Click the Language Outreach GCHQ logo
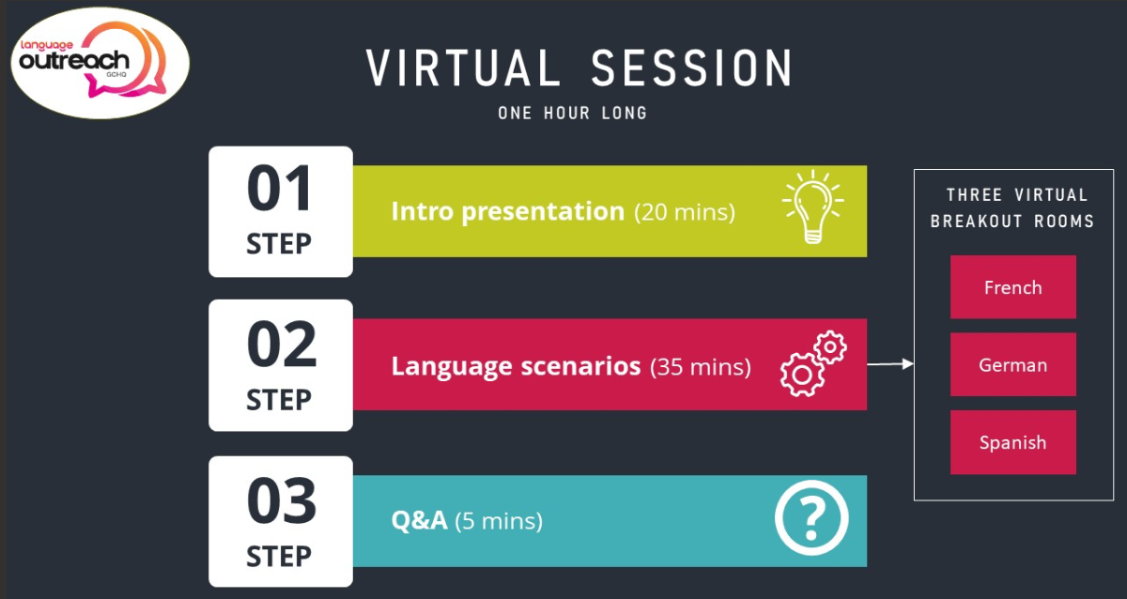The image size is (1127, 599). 100,63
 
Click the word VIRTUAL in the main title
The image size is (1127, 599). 463,68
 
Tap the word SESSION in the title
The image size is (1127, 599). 692,68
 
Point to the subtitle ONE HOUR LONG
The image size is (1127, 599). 573,114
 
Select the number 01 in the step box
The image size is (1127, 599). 279,188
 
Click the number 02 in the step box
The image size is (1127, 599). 281,345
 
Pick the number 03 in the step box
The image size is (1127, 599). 281,501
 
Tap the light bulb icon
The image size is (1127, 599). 813,207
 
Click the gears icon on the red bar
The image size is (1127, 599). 813,363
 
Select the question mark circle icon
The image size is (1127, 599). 811,518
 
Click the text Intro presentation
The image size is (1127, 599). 508,211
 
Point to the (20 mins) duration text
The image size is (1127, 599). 685,212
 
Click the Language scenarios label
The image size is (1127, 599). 517,366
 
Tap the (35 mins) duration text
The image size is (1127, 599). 701,367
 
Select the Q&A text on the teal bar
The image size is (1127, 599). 420,520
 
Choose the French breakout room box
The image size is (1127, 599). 1012,287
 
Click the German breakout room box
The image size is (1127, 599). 1012,364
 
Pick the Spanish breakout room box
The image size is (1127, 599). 1012,442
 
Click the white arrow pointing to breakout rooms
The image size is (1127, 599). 890,363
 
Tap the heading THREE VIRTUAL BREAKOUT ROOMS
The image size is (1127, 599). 1012,207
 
